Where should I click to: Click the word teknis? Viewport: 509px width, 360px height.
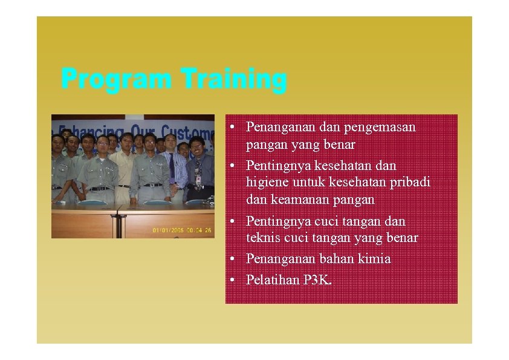click(261, 238)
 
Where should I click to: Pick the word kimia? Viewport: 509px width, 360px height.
click(374, 259)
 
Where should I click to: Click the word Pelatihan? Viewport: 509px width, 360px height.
click(272, 280)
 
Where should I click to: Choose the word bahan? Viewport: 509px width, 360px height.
click(336, 259)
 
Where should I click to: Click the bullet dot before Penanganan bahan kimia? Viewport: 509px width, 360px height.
click(232, 260)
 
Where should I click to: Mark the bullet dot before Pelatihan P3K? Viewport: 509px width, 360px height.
click(232, 280)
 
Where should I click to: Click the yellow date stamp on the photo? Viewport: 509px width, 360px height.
click(182, 230)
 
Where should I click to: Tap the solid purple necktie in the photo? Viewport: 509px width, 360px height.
click(172, 168)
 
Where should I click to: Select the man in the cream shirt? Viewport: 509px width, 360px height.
click(125, 166)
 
